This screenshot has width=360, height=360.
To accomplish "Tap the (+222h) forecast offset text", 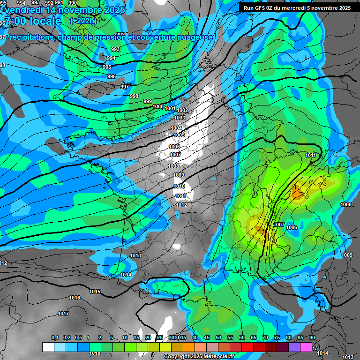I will point(82,21).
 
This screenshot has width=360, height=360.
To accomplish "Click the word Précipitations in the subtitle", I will point(29,37).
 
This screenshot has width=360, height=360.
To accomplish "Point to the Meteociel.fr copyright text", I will point(198,356).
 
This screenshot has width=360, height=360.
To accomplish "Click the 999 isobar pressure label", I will point(148,101).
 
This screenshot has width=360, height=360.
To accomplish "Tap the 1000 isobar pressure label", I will point(158,106).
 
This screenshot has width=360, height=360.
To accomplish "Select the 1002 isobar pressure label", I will point(182,110).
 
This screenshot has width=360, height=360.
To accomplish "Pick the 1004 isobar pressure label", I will point(177,128).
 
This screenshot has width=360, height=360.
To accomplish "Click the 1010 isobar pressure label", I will point(179,186).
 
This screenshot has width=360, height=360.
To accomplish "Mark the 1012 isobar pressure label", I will point(181,205).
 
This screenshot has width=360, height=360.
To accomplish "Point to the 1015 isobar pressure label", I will point(95,292).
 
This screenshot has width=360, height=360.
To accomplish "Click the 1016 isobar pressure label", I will point(74,298).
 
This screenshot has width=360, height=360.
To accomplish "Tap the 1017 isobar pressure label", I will point(63,314).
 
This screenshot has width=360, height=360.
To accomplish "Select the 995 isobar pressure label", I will point(107,67).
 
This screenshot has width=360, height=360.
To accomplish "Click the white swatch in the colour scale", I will point(48,347).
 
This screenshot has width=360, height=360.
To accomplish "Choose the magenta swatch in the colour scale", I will point(306,347).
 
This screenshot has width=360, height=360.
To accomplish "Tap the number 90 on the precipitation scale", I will point(312,337).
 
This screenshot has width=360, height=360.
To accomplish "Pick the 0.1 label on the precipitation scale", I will point(55,337).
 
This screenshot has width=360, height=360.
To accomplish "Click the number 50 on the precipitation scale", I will point(218,337).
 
